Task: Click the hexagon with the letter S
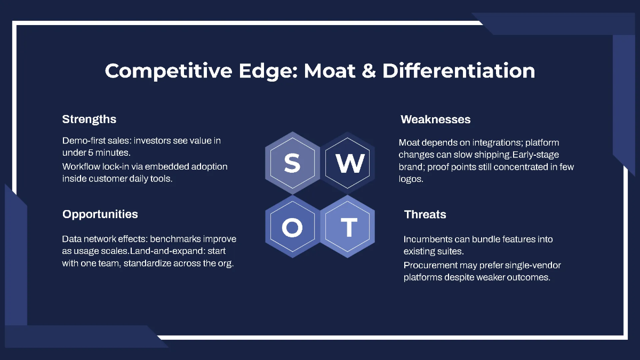[x=292, y=163]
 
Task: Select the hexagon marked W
[x=347, y=163]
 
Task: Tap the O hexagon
[x=292, y=227]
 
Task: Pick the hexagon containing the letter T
[x=347, y=227]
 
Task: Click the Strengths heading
[x=89, y=119]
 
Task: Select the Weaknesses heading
[x=435, y=119]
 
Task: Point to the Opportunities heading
[x=100, y=214]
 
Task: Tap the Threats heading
[x=425, y=214]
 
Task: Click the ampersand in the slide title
[x=369, y=71]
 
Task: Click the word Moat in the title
[x=330, y=71]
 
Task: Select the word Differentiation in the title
[x=459, y=70]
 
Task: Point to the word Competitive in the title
[x=169, y=71]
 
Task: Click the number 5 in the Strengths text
[x=91, y=153]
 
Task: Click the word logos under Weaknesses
[x=411, y=179]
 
